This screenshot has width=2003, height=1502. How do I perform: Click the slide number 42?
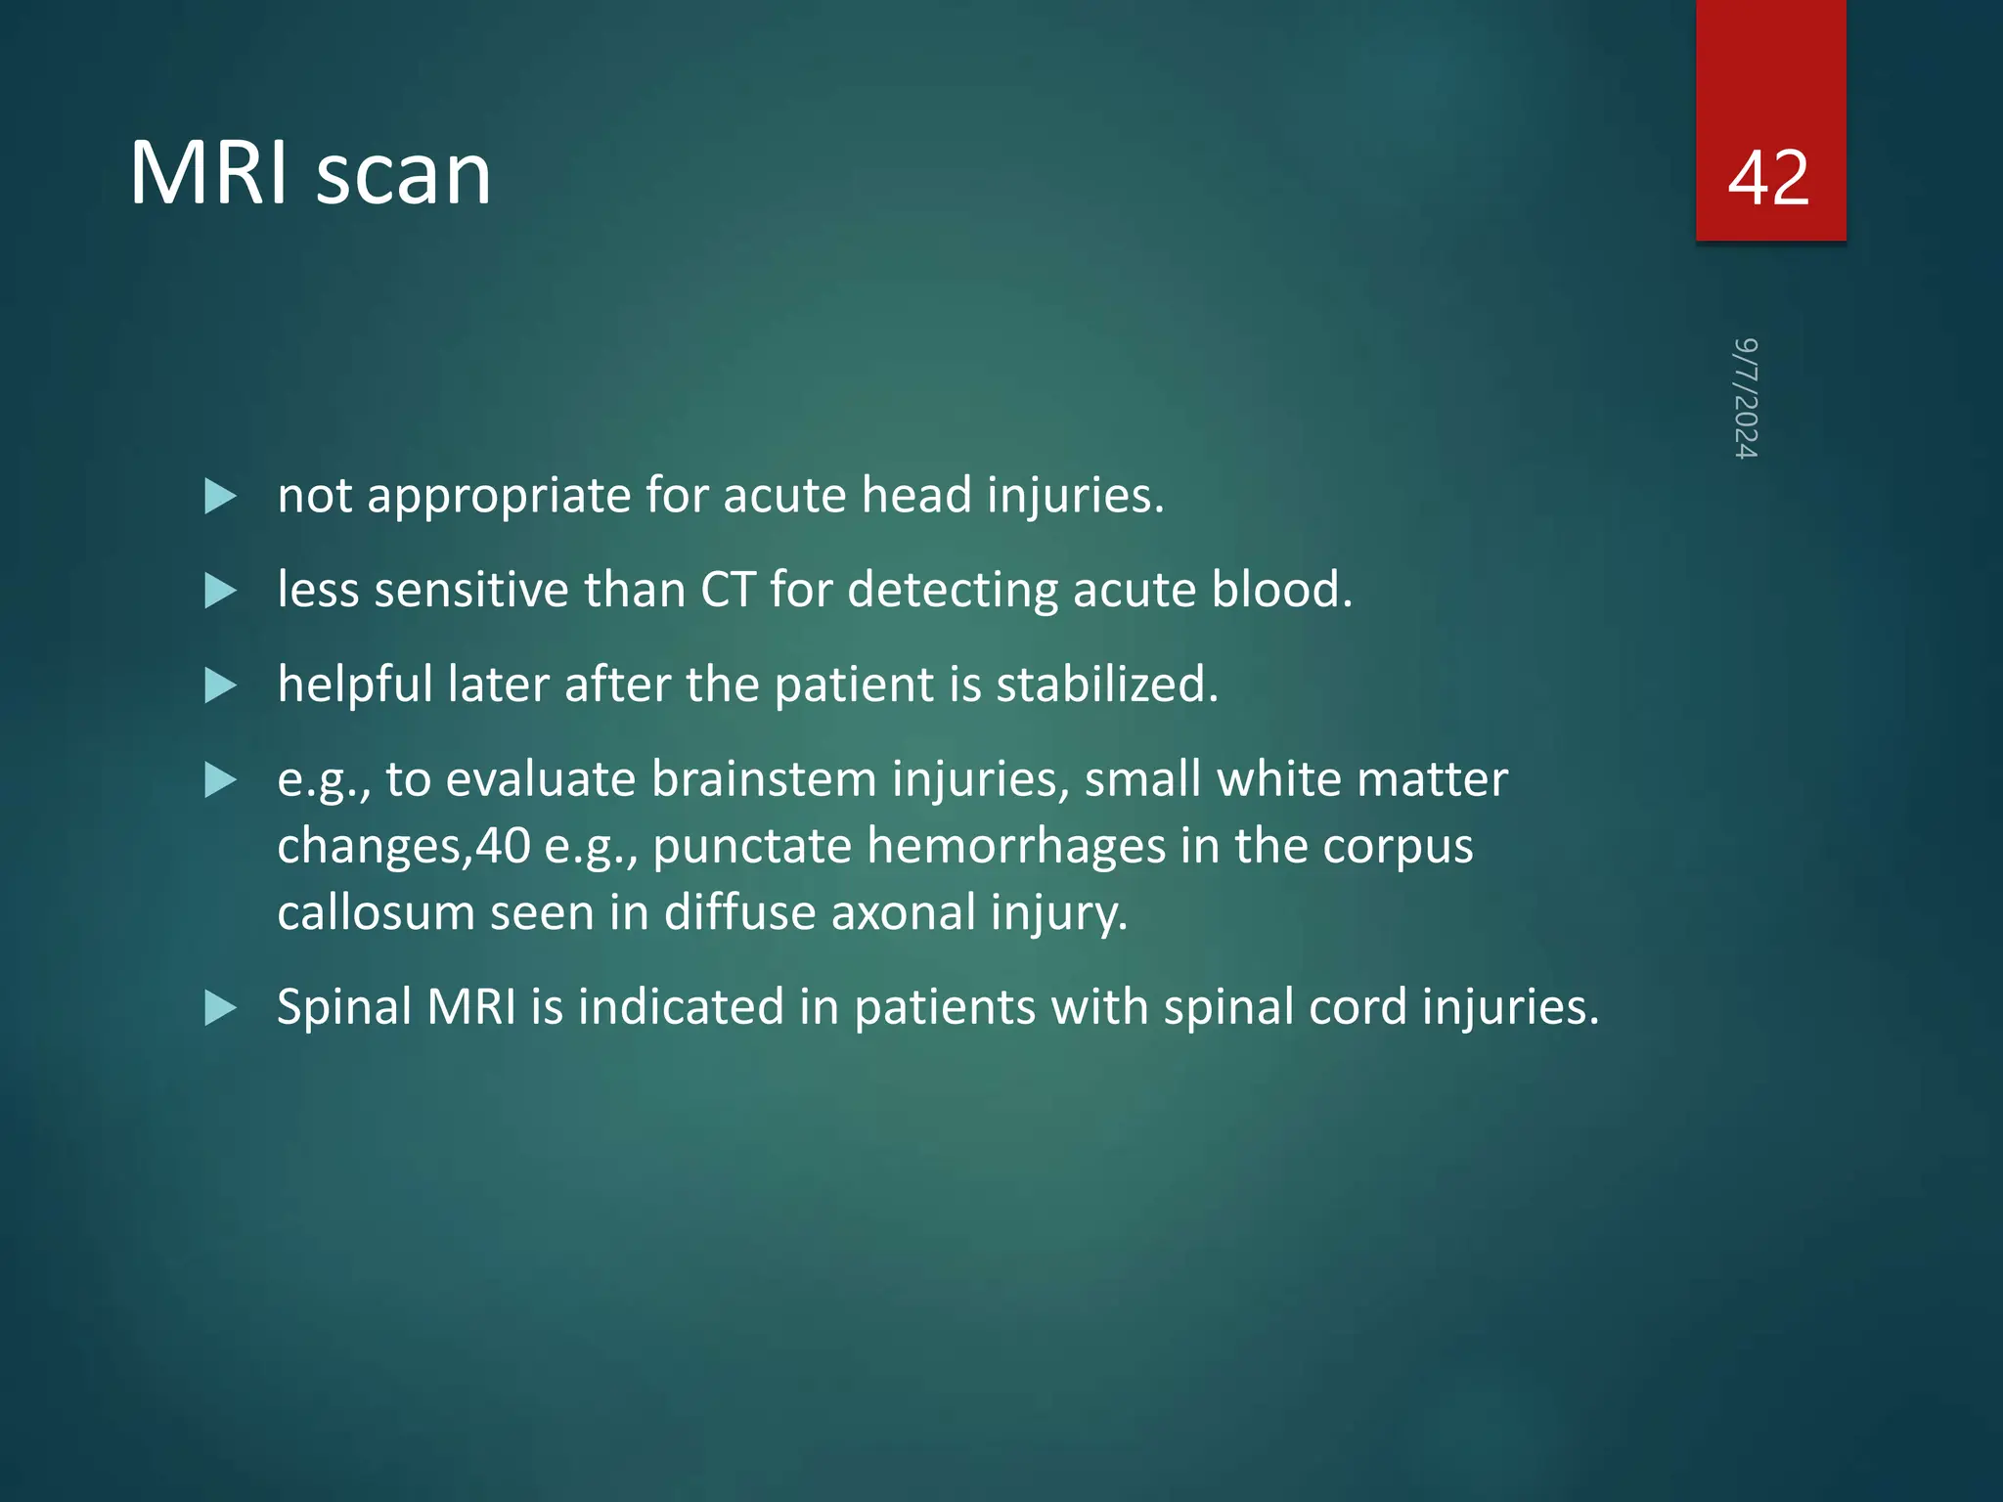pos(1768,178)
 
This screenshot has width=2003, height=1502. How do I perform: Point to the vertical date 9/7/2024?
pos(1746,398)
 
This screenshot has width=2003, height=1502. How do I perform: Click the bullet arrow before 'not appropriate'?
pos(220,497)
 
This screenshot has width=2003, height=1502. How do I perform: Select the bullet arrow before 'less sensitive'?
pos(220,592)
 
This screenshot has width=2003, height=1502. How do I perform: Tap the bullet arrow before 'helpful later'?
pos(220,686)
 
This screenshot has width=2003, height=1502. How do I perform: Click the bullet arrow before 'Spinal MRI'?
pos(220,1008)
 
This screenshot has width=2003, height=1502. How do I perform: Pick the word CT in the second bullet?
pos(728,590)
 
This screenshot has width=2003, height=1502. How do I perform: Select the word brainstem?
pos(764,779)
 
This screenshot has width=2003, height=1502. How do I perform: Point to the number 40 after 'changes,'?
pos(503,846)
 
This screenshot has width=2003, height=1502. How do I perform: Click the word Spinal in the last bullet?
pos(344,1006)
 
